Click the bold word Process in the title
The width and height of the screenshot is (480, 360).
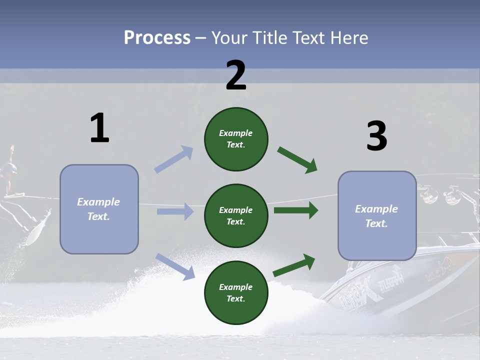(x=157, y=37)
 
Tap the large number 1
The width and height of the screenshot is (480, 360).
(x=99, y=128)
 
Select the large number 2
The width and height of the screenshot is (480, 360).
(x=236, y=75)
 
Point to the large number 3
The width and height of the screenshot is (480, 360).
(x=376, y=136)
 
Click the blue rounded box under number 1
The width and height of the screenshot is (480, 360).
(x=99, y=209)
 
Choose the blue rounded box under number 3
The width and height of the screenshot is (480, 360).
(x=377, y=215)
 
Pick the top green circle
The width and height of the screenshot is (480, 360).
(x=236, y=139)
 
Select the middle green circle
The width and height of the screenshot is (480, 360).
(x=236, y=215)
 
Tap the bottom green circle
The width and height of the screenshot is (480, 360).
(x=236, y=292)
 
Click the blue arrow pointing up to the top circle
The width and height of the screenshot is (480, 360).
(x=174, y=159)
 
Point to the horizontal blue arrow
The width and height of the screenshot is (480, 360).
(x=175, y=211)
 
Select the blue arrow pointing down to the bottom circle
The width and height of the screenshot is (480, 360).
(x=175, y=266)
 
